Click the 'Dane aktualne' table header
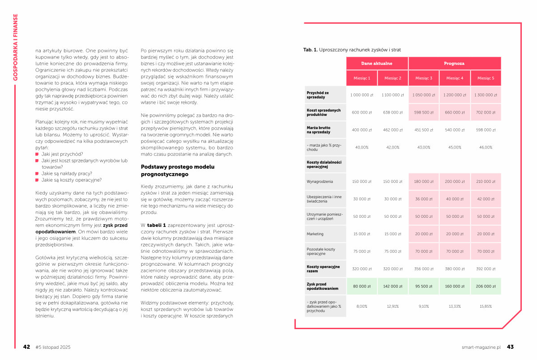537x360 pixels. pyautogui.click(x=377, y=64)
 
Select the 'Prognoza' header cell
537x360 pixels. pyautogui.click(x=454, y=64)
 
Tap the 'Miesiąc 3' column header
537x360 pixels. pyautogui.click(x=423, y=78)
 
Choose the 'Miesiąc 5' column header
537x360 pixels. pyautogui.click(x=486, y=78)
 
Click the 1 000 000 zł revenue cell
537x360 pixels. pyautogui.click(x=362, y=95)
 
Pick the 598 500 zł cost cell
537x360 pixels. pyautogui.click(x=423, y=112)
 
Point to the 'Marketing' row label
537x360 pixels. pyautogui.click(x=315, y=234)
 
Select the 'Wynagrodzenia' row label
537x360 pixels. pyautogui.click(x=320, y=182)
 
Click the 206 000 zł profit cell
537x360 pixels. pyautogui.click(x=486, y=286)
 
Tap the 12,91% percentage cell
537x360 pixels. pyautogui.click(x=392, y=306)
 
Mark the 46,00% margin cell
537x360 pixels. pyautogui.click(x=486, y=147)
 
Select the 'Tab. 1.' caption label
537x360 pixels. pyautogui.click(x=311, y=50)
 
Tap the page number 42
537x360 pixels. pyautogui.click(x=27, y=347)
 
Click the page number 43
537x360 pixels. pyautogui.click(x=510, y=347)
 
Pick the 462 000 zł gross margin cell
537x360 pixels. pyautogui.click(x=392, y=130)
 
